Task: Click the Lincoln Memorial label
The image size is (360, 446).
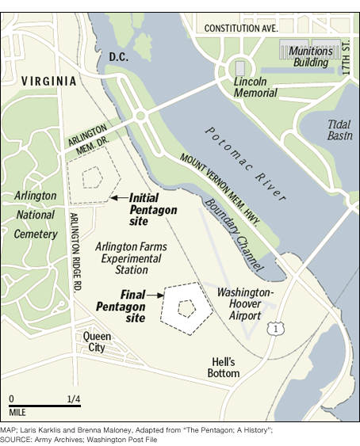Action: pyautogui.click(x=255, y=86)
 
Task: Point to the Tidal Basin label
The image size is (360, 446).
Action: pyautogui.click(x=339, y=129)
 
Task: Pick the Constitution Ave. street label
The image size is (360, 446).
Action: pyautogui.click(x=240, y=28)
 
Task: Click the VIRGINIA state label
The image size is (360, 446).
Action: pyautogui.click(x=49, y=81)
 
